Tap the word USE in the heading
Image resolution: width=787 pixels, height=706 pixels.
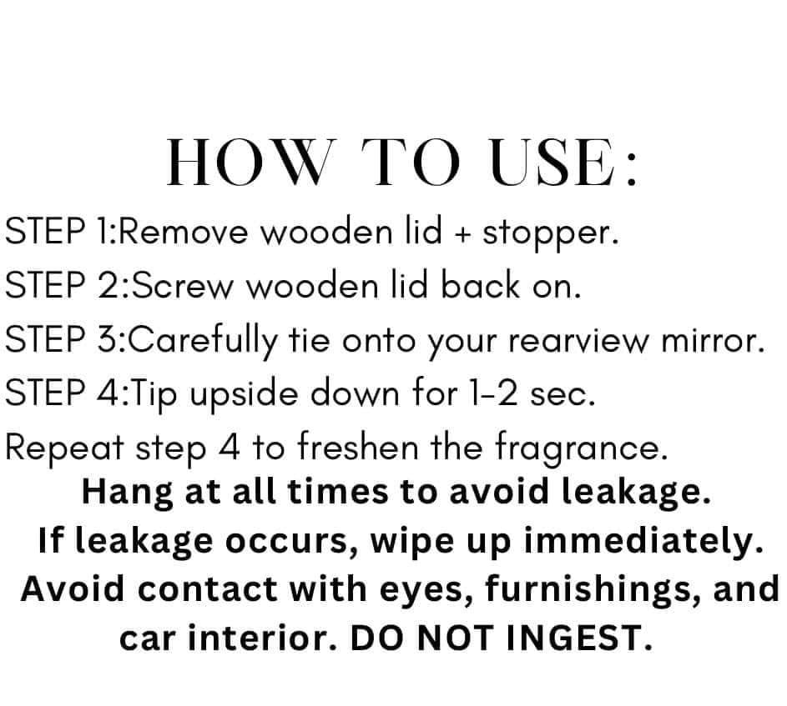point(552,162)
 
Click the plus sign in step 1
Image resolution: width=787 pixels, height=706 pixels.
point(462,233)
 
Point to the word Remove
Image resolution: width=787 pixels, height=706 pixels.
point(184,232)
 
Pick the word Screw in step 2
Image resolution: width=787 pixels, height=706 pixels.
point(184,285)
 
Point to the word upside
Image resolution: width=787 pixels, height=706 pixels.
point(244,394)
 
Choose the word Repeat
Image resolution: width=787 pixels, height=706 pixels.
point(64,448)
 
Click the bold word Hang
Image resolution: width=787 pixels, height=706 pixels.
point(128,493)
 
